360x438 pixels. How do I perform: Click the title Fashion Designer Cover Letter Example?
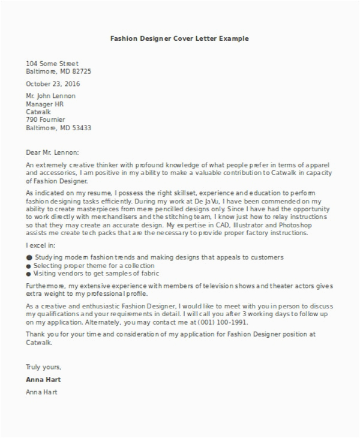click(179, 38)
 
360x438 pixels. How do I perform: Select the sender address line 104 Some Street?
click(52, 63)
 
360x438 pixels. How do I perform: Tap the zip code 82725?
click(81, 71)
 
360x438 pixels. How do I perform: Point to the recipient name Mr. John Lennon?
click(51, 96)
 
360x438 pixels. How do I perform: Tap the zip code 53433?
click(81, 128)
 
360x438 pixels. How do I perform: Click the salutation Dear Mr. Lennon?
click(53, 152)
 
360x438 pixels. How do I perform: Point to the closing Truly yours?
click(43, 367)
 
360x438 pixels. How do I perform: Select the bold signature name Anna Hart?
click(43, 380)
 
